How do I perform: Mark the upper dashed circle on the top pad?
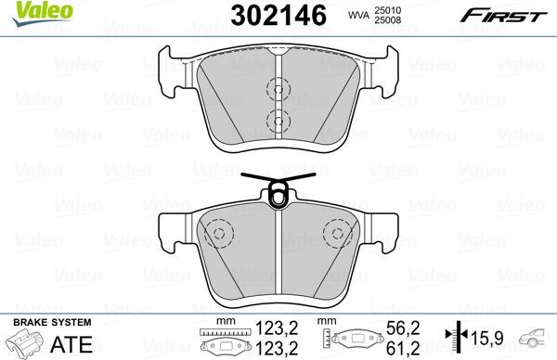pos(276,90)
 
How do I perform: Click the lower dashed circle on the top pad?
pos(276,118)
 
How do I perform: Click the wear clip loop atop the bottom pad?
pos(278,194)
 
